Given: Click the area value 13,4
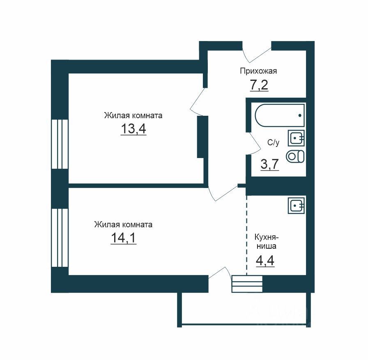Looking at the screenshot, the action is (133, 128).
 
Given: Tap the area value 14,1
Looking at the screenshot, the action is (124, 238).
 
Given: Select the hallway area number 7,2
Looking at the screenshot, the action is (259, 85).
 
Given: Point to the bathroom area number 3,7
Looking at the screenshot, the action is (270, 164).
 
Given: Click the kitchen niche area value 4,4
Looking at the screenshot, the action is (265, 261).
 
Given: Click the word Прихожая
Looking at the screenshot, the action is (258, 71).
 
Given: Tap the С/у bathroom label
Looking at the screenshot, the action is (274, 142).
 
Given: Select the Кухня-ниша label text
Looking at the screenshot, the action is (267, 242).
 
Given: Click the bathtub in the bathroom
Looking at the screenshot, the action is (280, 115).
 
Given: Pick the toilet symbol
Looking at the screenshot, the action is (295, 156).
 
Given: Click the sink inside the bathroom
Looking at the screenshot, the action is (296, 138).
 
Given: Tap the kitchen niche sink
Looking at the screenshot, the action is (296, 205).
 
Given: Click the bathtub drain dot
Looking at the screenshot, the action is (300, 115).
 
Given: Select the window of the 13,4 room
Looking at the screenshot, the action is (60, 144).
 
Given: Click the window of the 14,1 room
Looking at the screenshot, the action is (60, 238).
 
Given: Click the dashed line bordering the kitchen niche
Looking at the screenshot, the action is (246, 235).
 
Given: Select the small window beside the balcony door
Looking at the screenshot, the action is (247, 284).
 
